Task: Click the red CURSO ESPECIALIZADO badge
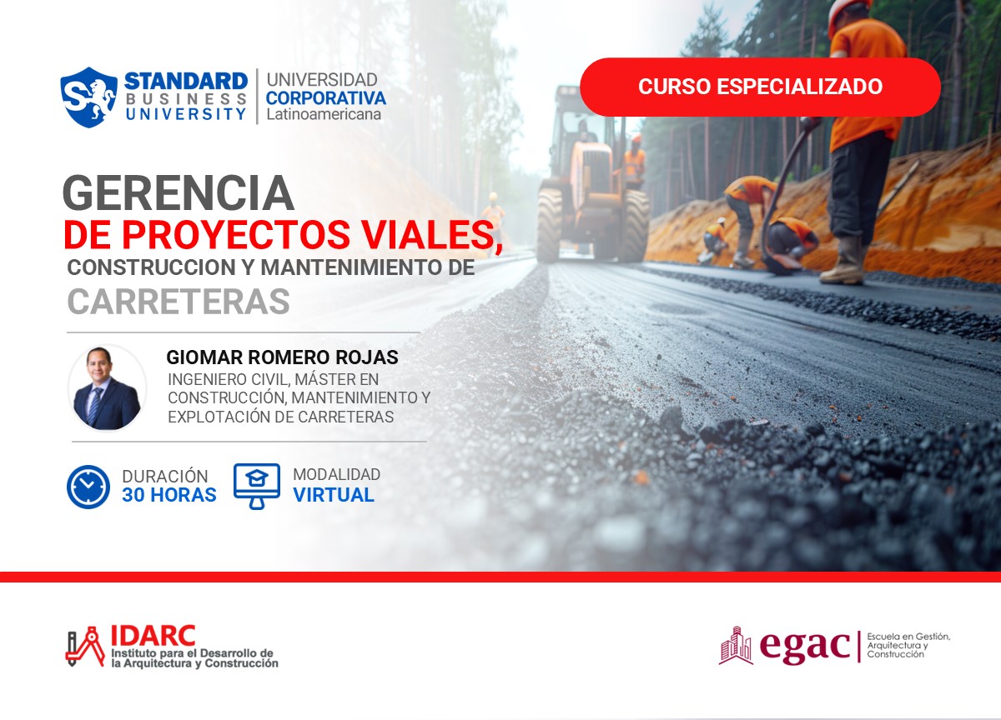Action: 760,87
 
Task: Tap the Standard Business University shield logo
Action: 88,97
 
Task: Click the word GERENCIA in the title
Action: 178,193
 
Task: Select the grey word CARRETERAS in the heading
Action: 178,302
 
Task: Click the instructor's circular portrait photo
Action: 107,388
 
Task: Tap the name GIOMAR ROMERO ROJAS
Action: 282,357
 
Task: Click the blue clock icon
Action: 88,487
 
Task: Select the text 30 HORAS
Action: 169,495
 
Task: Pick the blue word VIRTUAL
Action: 333,495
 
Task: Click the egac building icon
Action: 736,645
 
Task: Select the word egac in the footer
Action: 804,647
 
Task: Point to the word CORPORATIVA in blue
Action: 325,97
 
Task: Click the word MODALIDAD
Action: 336,474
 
